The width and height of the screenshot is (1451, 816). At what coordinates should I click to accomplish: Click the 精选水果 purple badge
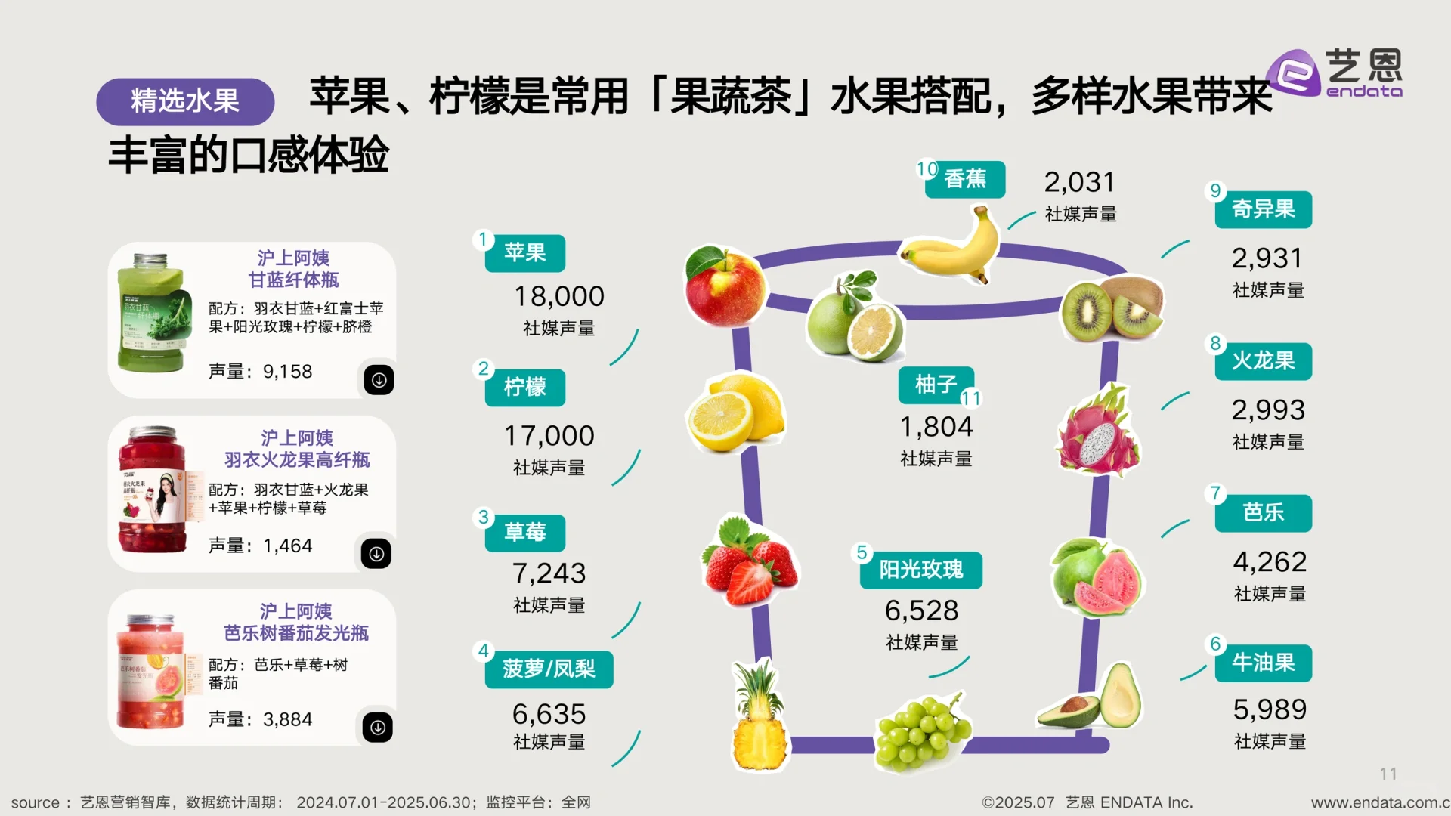coord(184,101)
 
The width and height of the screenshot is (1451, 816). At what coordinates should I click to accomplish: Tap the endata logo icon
coord(1292,73)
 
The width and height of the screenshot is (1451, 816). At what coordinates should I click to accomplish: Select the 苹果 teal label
coord(525,252)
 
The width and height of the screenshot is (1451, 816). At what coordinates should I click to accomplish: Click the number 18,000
coord(559,296)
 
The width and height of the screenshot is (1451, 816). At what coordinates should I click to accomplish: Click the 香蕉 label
coord(965,179)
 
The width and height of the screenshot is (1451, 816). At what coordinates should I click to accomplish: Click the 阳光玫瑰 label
coord(920,570)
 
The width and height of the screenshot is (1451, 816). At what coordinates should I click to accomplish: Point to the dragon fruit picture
coord(1098,431)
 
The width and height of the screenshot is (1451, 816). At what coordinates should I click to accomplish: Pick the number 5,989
coord(1270,709)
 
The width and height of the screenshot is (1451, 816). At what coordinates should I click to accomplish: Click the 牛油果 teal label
coord(1263,663)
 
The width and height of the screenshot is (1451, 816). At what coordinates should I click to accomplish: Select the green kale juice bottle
coord(152,314)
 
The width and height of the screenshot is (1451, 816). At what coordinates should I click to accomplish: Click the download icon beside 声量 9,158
coord(379,380)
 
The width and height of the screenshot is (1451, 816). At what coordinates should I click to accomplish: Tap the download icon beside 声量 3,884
coord(378,728)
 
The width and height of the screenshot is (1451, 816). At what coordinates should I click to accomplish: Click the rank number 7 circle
coord(1215,493)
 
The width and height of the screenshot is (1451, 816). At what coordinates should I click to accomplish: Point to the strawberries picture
coord(749,561)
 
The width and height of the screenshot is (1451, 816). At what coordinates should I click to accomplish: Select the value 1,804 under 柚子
coord(936,427)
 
